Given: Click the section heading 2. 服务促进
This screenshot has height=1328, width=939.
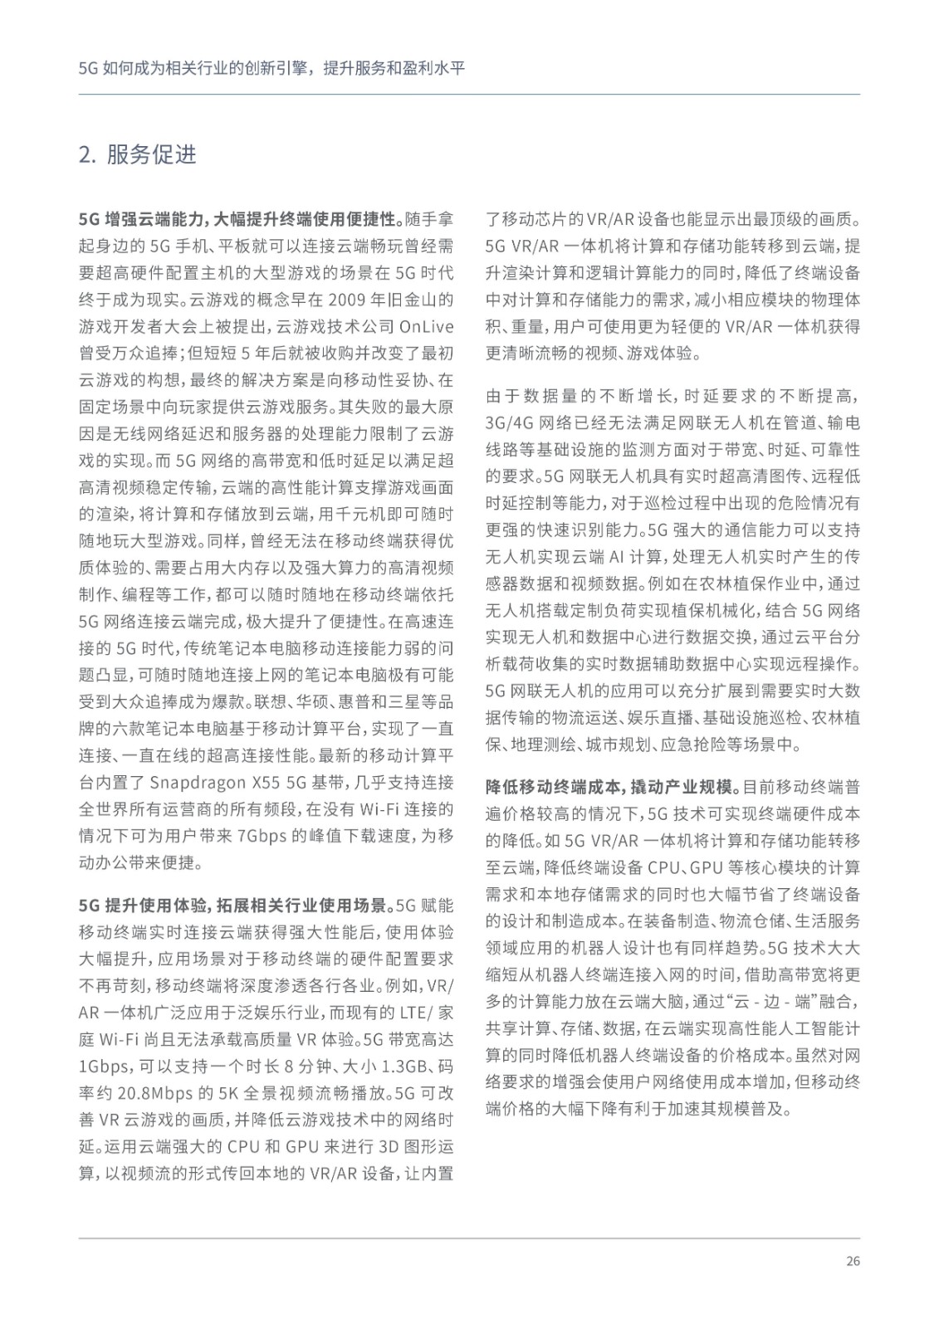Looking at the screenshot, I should point(137,155).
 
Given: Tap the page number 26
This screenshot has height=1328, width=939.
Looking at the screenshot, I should point(853,1262).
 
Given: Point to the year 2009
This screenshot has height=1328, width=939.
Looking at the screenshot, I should point(350,299).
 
